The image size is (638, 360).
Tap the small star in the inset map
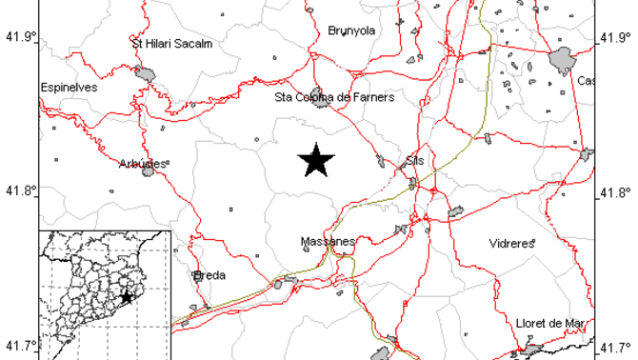[126, 297]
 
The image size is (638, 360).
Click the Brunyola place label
[351, 30]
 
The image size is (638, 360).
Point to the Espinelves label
[69, 88]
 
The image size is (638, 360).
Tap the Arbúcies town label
[144, 163]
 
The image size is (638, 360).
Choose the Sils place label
[414, 161]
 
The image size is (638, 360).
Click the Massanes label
[327, 242]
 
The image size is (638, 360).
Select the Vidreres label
[511, 244]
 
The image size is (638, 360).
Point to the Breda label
[209, 275]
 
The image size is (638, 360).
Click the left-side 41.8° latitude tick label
[20, 190]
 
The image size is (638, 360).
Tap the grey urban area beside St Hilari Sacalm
[145, 72]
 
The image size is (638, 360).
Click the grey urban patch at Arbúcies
[149, 170]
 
